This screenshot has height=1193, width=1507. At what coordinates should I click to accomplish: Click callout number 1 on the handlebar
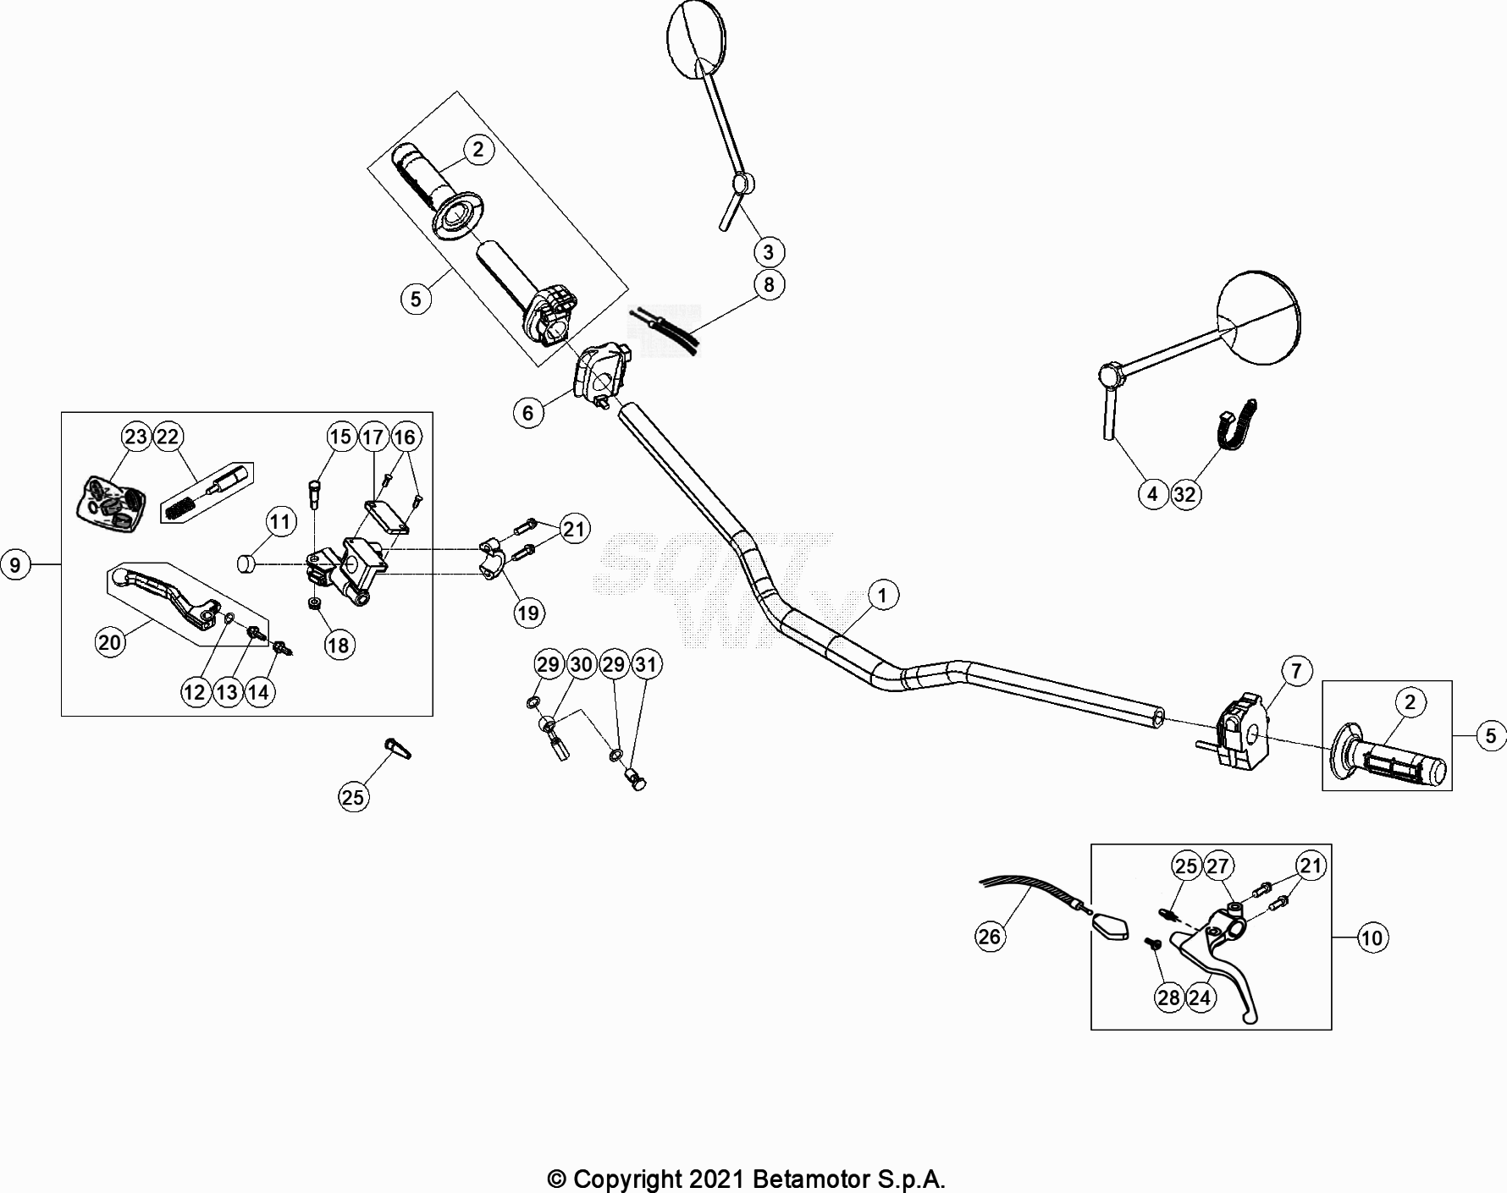(882, 596)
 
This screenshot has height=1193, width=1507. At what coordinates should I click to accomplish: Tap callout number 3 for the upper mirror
(769, 252)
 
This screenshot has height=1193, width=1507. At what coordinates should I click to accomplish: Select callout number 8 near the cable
(769, 285)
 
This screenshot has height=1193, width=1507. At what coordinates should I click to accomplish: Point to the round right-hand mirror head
(1257, 318)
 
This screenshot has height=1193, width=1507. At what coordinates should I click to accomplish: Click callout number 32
(1185, 494)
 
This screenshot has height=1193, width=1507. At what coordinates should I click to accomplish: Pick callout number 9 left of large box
(14, 564)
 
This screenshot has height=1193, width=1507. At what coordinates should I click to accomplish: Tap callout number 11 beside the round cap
(281, 522)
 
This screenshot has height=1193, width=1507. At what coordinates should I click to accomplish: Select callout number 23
(135, 437)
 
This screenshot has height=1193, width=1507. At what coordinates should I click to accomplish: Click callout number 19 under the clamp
(528, 613)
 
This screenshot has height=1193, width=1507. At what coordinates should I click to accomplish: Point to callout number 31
(646, 664)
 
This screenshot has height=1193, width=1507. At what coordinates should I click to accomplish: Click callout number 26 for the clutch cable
(989, 937)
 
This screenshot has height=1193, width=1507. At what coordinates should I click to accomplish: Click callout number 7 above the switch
(1297, 672)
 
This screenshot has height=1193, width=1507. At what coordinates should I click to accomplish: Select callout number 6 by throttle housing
(528, 413)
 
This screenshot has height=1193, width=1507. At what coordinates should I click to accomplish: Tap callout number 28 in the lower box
(1168, 998)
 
